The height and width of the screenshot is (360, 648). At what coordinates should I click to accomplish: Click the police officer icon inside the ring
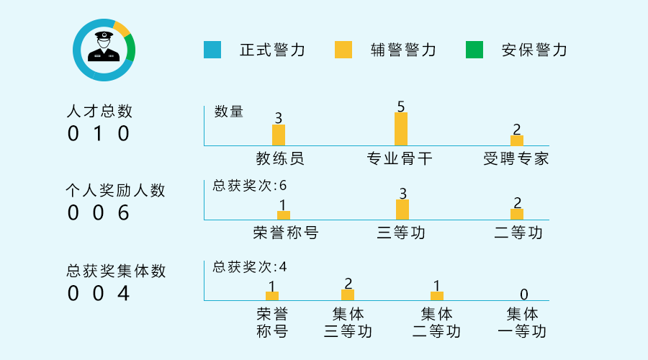tap(104, 46)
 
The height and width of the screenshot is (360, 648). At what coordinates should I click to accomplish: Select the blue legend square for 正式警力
tap(212, 50)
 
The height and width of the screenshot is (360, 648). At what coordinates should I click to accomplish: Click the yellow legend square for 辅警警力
tap(343, 50)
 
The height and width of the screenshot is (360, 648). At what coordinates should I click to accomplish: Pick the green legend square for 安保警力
tap(474, 50)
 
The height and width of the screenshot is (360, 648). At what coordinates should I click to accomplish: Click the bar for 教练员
tap(279, 135)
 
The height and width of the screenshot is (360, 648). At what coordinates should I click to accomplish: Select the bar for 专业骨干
tap(401, 129)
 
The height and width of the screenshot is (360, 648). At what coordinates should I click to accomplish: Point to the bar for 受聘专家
tap(517, 140)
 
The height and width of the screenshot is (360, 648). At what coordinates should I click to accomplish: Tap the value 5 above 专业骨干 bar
tap(401, 107)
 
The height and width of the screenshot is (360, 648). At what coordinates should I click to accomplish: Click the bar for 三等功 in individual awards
tap(402, 210)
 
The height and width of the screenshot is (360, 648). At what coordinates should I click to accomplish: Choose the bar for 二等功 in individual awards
tap(517, 214)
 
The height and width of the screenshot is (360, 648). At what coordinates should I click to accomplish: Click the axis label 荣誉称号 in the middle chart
tap(286, 233)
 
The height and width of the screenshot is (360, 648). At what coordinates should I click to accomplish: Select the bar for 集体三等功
tap(348, 294)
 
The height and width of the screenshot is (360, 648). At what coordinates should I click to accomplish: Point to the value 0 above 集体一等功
tap(524, 294)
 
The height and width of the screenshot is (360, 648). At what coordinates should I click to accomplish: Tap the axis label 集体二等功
tap(436, 323)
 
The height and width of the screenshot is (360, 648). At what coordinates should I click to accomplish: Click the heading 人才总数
tap(99, 111)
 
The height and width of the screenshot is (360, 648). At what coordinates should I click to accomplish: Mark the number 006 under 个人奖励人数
tap(99, 213)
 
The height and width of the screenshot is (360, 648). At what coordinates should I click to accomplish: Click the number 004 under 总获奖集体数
tap(99, 294)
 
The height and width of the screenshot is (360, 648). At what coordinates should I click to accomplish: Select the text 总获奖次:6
tap(250, 186)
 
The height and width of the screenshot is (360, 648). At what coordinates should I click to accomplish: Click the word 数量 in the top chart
tap(229, 112)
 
